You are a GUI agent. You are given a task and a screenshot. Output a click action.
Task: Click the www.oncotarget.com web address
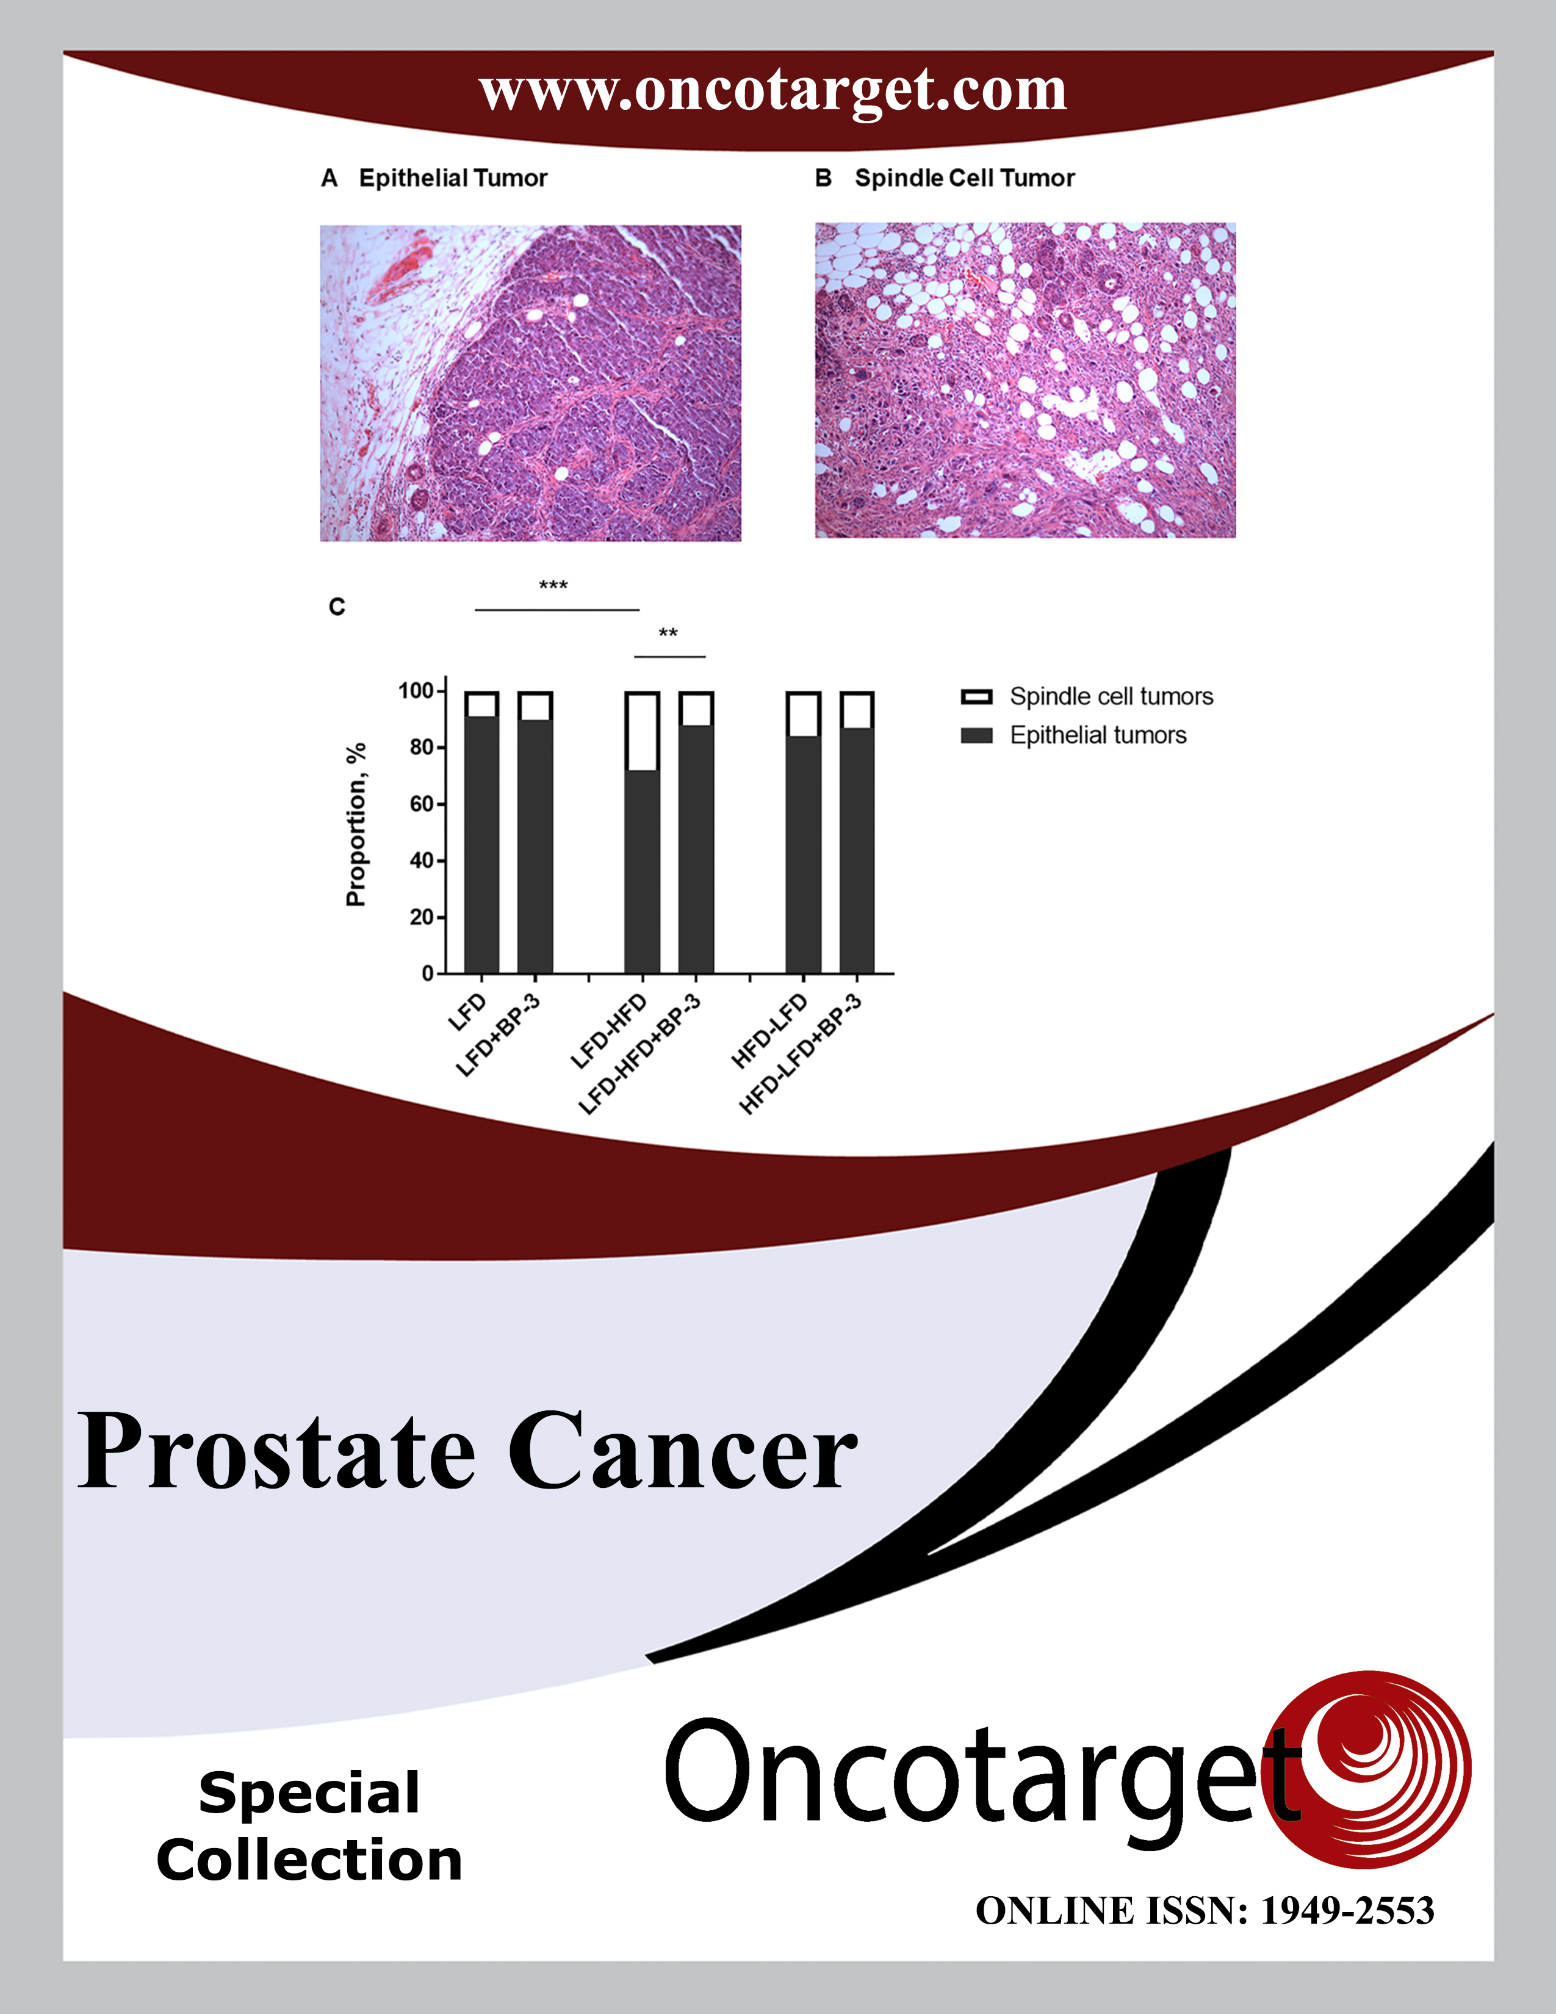773,92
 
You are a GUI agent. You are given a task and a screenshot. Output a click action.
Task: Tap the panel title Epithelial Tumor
453,178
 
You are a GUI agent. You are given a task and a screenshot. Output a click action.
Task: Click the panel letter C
336,607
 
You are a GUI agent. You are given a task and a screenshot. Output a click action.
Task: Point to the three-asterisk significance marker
553,585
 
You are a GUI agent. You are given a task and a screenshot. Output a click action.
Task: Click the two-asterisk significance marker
668,633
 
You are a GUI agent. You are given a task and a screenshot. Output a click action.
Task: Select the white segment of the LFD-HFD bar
643,731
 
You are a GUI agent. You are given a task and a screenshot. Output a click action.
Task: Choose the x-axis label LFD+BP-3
498,1034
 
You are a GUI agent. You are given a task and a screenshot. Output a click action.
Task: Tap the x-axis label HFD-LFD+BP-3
800,1054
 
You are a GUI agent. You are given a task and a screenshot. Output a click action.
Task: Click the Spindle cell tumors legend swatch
976,697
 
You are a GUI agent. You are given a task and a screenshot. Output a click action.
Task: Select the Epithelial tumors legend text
1098,735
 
